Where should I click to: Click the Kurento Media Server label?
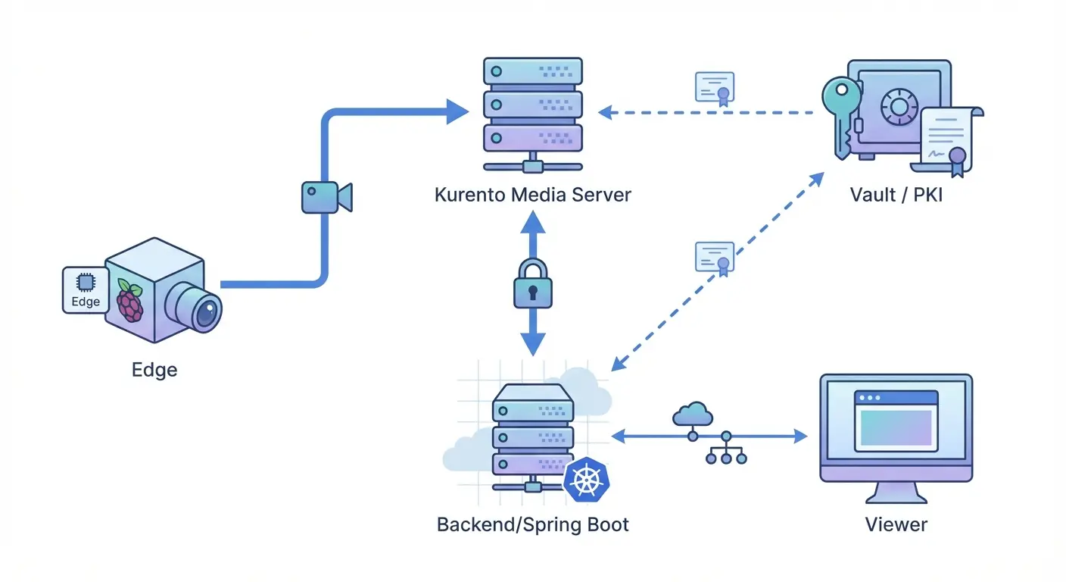click(x=532, y=195)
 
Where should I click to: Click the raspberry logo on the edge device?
click(x=130, y=301)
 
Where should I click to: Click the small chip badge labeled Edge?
click(x=85, y=289)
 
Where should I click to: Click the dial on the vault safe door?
click(x=899, y=105)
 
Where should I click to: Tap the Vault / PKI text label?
click(x=896, y=195)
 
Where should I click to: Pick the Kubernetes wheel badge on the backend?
click(x=587, y=480)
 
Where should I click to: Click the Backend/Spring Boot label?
click(x=533, y=524)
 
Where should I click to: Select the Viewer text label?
click(x=896, y=524)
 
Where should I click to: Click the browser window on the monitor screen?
click(x=896, y=421)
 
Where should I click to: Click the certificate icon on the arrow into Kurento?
click(x=715, y=88)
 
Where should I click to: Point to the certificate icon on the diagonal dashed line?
click(x=715, y=258)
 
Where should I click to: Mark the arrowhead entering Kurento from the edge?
click(x=456, y=111)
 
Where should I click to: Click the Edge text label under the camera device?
click(x=154, y=370)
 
